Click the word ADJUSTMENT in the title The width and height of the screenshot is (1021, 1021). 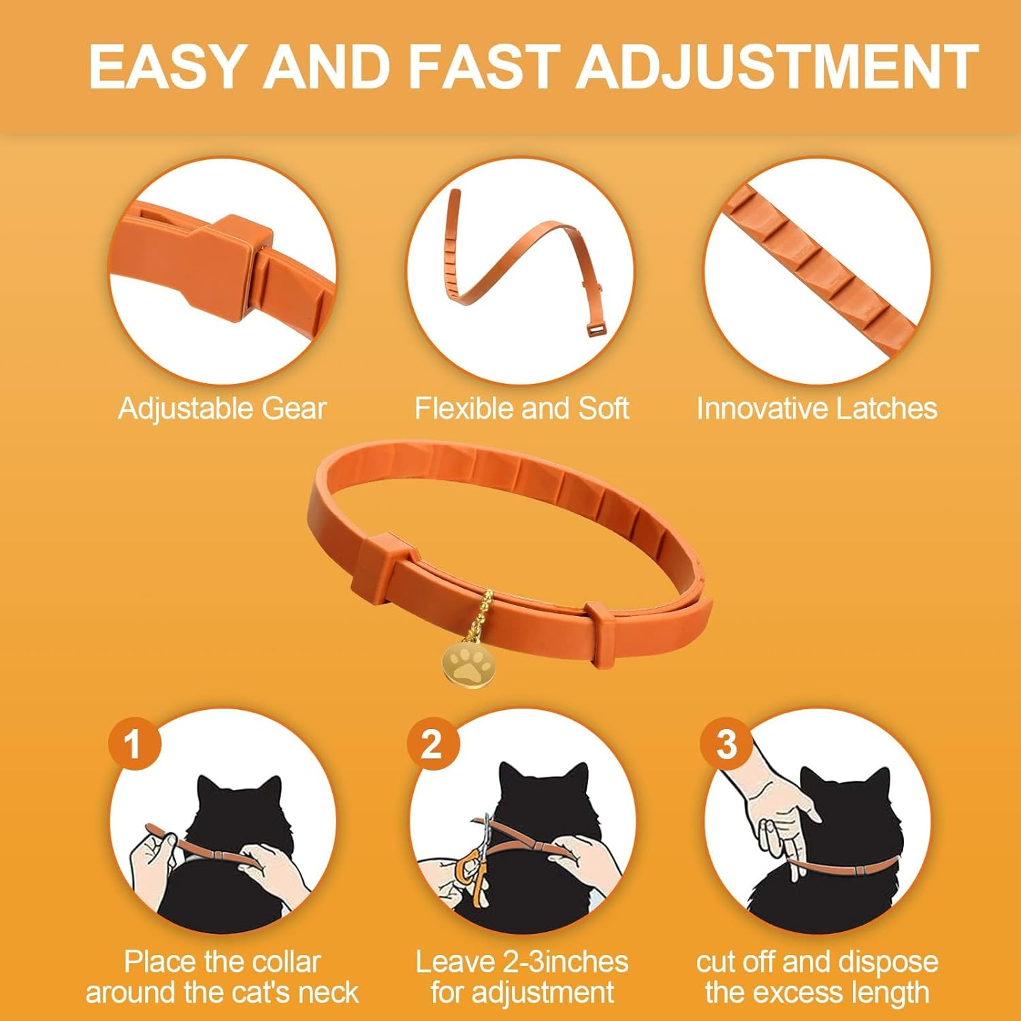click(777, 67)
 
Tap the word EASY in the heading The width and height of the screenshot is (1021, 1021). click(166, 67)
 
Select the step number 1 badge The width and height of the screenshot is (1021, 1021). click(134, 743)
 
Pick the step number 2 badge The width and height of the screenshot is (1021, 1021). click(432, 743)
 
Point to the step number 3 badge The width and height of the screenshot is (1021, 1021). click(726, 743)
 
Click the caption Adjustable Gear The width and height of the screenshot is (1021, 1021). click(222, 408)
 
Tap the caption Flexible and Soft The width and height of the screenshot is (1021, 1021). click(521, 408)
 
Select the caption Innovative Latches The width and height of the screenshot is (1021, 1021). click(816, 408)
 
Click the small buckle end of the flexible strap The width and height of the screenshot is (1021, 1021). click(597, 330)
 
